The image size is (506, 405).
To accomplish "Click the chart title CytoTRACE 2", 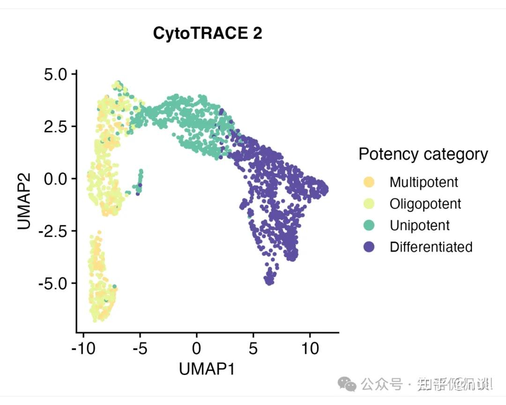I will click(x=208, y=33).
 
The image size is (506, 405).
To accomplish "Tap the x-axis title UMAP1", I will click(x=207, y=369).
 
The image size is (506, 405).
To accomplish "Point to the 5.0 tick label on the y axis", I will click(x=56, y=75).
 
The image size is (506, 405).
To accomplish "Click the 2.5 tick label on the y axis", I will click(x=56, y=127).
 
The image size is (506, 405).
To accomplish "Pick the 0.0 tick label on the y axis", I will click(x=56, y=179).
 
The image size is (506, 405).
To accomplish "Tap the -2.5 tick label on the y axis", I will click(x=54, y=231).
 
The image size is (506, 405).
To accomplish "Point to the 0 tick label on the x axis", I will click(x=197, y=348).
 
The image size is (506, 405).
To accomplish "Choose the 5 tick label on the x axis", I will click(x=253, y=348).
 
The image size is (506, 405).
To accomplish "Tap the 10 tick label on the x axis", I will click(x=310, y=348).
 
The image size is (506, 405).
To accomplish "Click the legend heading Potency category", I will click(x=423, y=154).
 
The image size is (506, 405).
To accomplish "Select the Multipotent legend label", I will click(x=424, y=182).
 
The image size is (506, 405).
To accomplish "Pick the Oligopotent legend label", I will click(x=425, y=203).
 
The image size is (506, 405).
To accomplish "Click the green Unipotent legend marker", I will click(x=369, y=225).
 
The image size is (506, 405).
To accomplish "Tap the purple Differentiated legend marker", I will click(x=369, y=247).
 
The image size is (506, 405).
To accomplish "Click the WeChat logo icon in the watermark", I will click(x=350, y=385).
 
